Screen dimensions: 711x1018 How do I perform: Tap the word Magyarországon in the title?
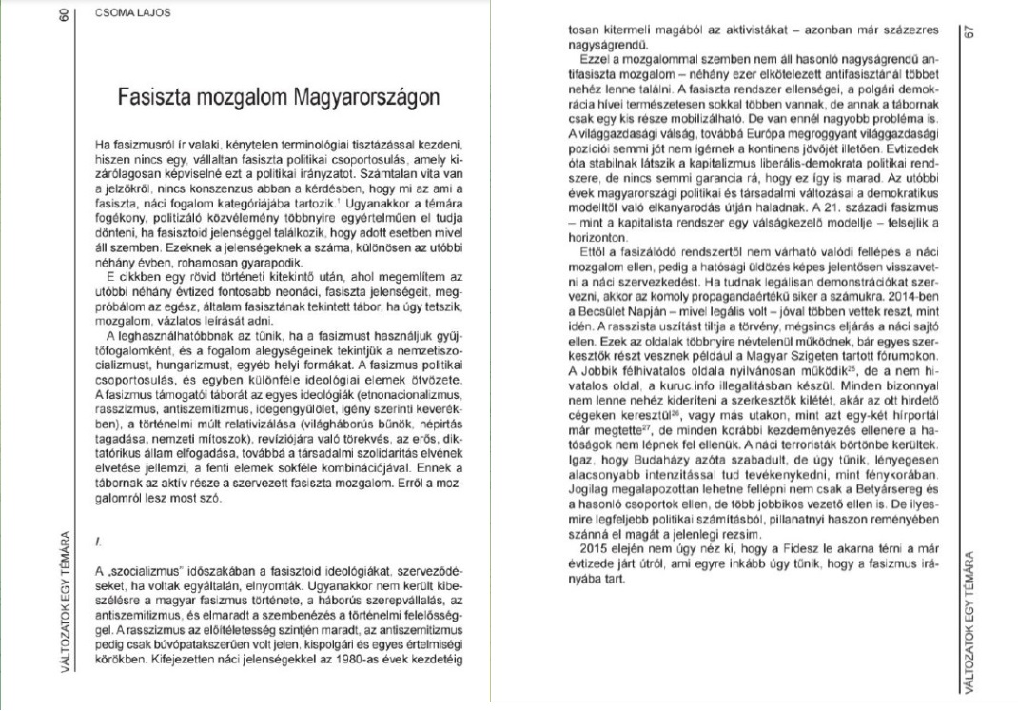coord(367,97)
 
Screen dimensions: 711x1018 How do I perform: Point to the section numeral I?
coord(98,541)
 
